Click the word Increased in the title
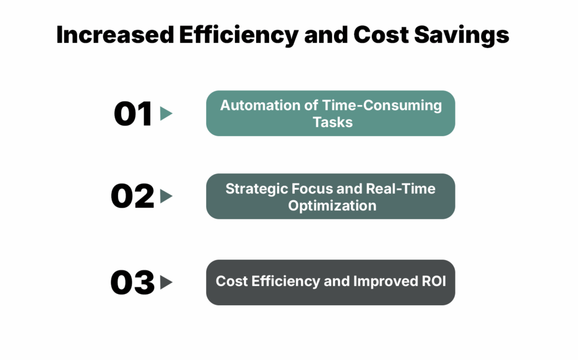pyautogui.click(x=115, y=36)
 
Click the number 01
pyautogui.click(x=133, y=113)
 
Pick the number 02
pyautogui.click(x=133, y=196)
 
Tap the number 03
pyautogui.click(x=133, y=282)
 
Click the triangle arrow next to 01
pyautogui.click(x=166, y=113)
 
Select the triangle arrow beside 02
pyautogui.click(x=166, y=196)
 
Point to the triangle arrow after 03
pyautogui.click(x=166, y=282)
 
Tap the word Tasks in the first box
pyautogui.click(x=332, y=121)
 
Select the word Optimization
pyautogui.click(x=332, y=205)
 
